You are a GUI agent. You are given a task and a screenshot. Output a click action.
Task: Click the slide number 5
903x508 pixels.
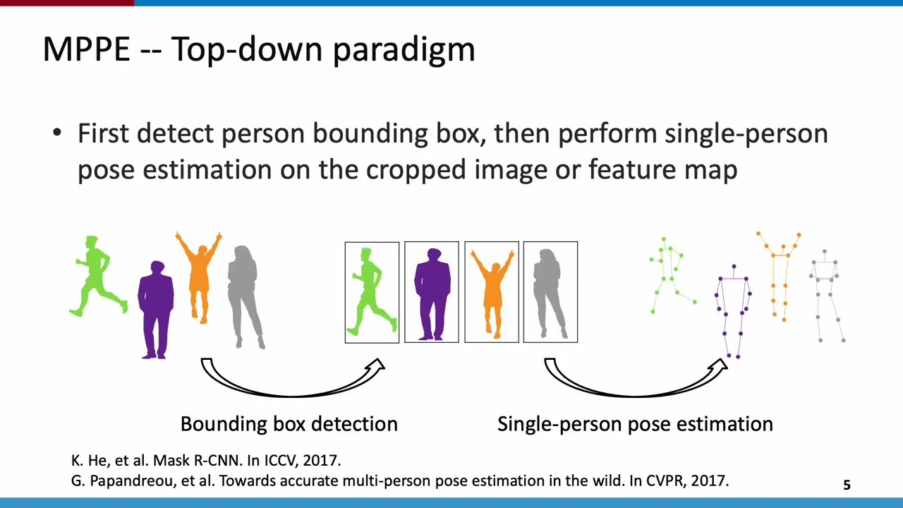pos(847,485)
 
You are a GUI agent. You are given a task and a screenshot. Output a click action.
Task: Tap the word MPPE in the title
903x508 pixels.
pos(86,49)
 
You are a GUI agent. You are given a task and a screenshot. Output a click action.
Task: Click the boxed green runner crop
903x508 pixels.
pos(372,292)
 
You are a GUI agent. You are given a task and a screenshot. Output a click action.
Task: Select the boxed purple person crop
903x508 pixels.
pos(432,292)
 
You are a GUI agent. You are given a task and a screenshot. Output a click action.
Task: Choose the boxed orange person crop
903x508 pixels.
pos(492,292)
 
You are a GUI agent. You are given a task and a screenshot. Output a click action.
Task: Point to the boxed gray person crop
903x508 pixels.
pos(550,292)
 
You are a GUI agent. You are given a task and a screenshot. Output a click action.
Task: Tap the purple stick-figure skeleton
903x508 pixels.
pos(734,310)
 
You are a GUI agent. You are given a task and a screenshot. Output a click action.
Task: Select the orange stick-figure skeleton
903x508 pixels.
pos(780,275)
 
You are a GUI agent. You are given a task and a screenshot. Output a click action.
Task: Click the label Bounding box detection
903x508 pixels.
pos(289,424)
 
